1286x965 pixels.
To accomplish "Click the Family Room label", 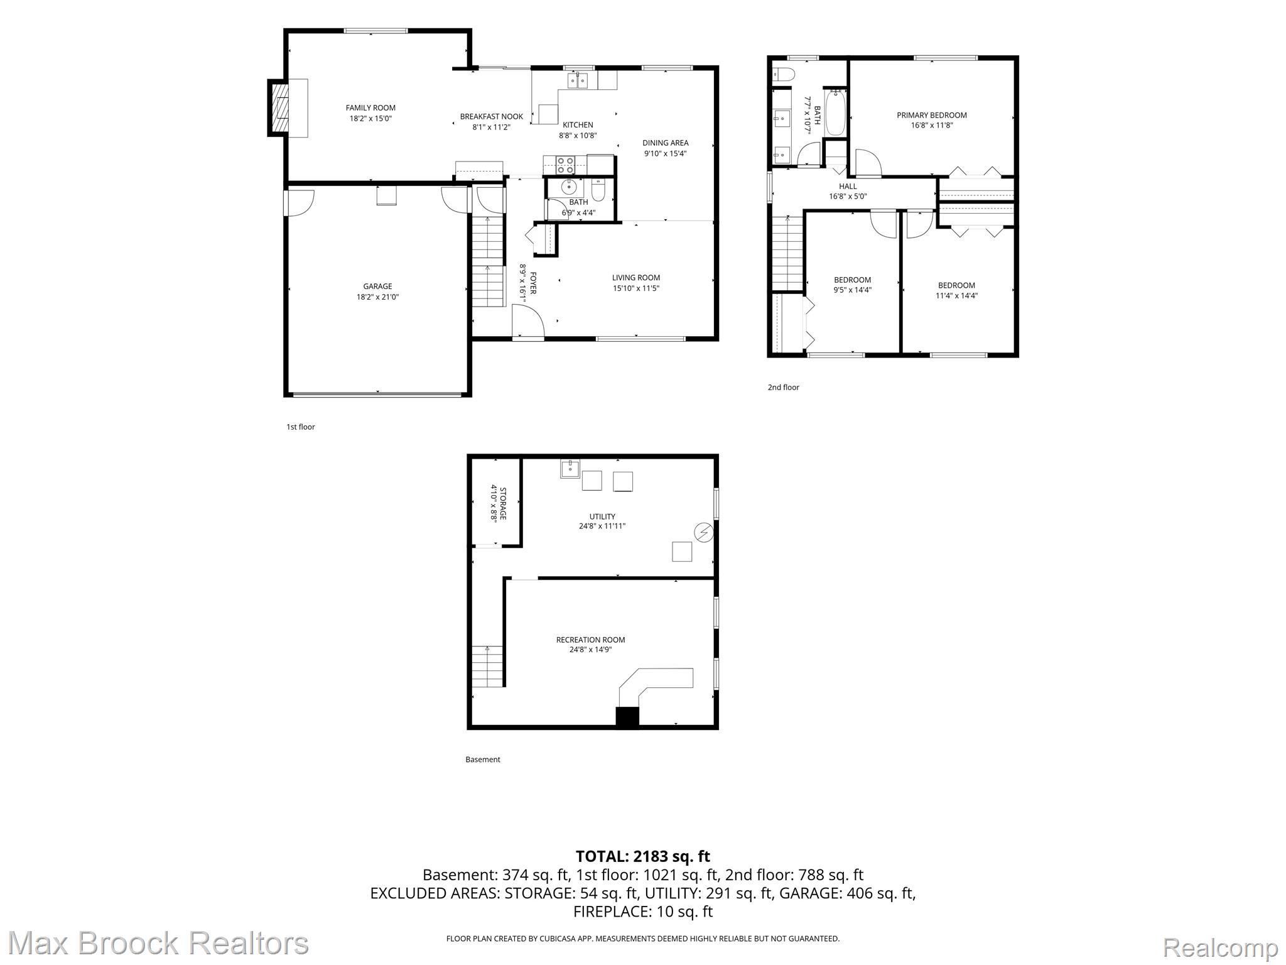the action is click(x=370, y=108).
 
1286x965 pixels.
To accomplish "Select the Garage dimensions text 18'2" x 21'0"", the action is click(x=377, y=297).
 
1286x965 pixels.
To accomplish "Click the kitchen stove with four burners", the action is click(x=565, y=165).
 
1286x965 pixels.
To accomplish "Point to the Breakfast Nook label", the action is click(x=492, y=117).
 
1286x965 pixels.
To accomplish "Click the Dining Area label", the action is click(x=665, y=143).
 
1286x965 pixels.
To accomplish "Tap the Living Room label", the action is click(x=636, y=278).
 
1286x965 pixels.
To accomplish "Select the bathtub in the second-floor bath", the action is click(x=835, y=113).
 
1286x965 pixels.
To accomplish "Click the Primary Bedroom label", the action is click(x=932, y=115).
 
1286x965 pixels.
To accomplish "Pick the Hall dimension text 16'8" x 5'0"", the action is click(x=848, y=196).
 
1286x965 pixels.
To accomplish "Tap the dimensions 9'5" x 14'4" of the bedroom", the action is click(x=853, y=290).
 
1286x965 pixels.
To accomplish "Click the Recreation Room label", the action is click(x=590, y=640).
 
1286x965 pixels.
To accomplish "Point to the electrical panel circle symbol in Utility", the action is click(x=704, y=533).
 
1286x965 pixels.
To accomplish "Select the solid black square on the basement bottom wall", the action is click(x=627, y=717).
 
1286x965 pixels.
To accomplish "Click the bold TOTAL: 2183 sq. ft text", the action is click(x=643, y=856).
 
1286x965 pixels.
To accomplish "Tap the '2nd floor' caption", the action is click(x=783, y=388).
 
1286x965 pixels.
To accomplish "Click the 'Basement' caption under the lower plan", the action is click(x=482, y=760).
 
